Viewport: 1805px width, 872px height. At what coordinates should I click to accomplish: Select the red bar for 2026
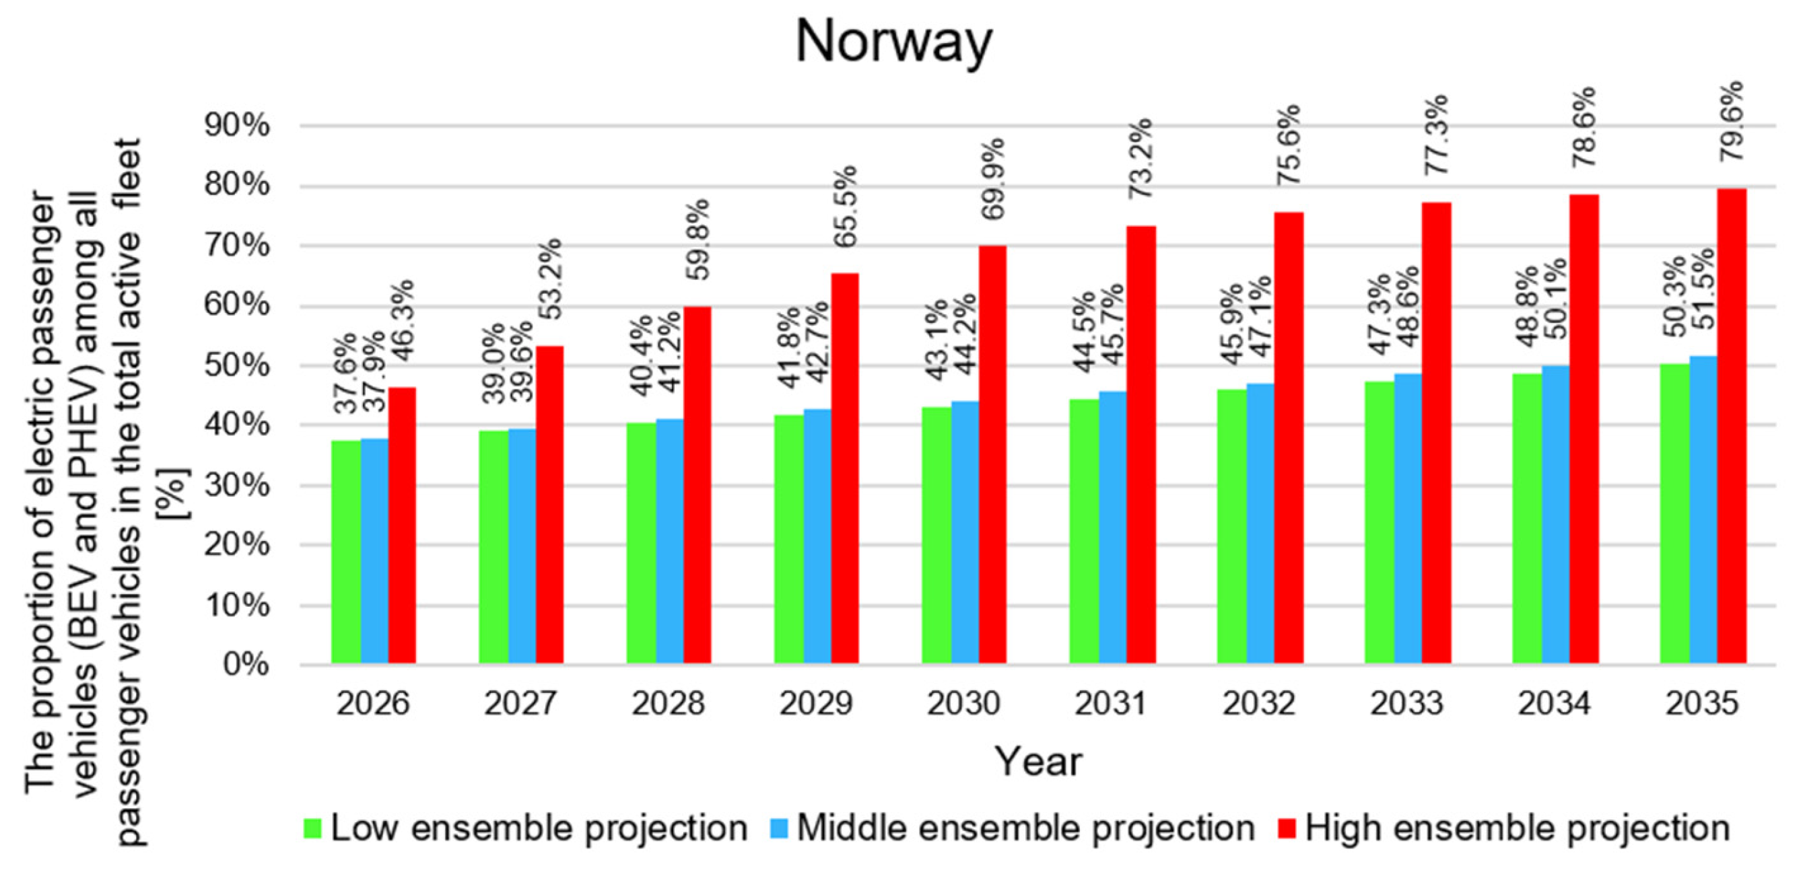[402, 525]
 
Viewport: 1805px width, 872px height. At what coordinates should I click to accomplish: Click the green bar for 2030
[936, 535]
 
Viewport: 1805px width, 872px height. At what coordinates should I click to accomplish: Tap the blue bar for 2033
[1408, 518]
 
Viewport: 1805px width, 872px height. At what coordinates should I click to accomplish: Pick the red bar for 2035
[1732, 426]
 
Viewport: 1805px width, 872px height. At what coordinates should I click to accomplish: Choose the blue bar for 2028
[669, 542]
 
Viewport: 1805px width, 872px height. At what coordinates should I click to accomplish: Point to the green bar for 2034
[1527, 518]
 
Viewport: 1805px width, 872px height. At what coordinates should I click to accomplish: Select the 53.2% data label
[550, 279]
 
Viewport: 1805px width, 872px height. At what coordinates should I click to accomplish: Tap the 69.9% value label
[993, 178]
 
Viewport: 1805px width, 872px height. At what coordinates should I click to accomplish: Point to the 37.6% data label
[346, 373]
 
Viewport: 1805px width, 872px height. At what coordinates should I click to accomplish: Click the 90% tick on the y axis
[236, 126]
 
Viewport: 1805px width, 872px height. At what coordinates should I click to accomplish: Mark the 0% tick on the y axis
[246, 664]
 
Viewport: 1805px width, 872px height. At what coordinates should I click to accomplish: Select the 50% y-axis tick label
[236, 365]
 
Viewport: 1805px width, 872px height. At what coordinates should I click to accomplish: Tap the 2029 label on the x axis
[815, 703]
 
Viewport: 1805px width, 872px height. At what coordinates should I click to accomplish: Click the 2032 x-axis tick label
[1259, 703]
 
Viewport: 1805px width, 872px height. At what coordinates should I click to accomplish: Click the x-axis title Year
[1038, 762]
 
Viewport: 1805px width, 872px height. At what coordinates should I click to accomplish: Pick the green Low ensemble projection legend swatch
[312, 828]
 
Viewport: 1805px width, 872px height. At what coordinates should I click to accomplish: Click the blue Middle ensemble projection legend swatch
[779, 828]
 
